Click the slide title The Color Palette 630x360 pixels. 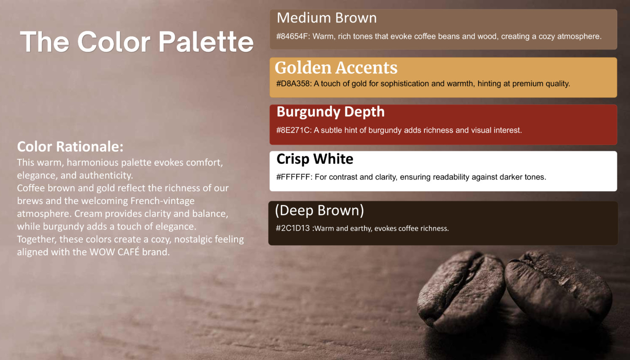click(x=137, y=42)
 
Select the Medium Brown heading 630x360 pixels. click(x=327, y=18)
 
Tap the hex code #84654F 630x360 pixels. click(x=292, y=36)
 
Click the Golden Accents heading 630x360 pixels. click(x=336, y=68)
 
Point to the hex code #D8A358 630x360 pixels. click(x=293, y=84)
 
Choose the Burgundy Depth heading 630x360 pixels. click(x=330, y=112)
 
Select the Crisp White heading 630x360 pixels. click(x=315, y=159)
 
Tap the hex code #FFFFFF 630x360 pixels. click(x=293, y=177)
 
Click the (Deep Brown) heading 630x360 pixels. click(x=319, y=211)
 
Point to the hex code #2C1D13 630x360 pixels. click(x=292, y=228)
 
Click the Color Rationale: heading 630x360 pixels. click(x=70, y=147)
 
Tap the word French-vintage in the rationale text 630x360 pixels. click(x=162, y=201)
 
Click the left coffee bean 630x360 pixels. click(x=461, y=291)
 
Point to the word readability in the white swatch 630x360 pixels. click(x=450, y=177)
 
